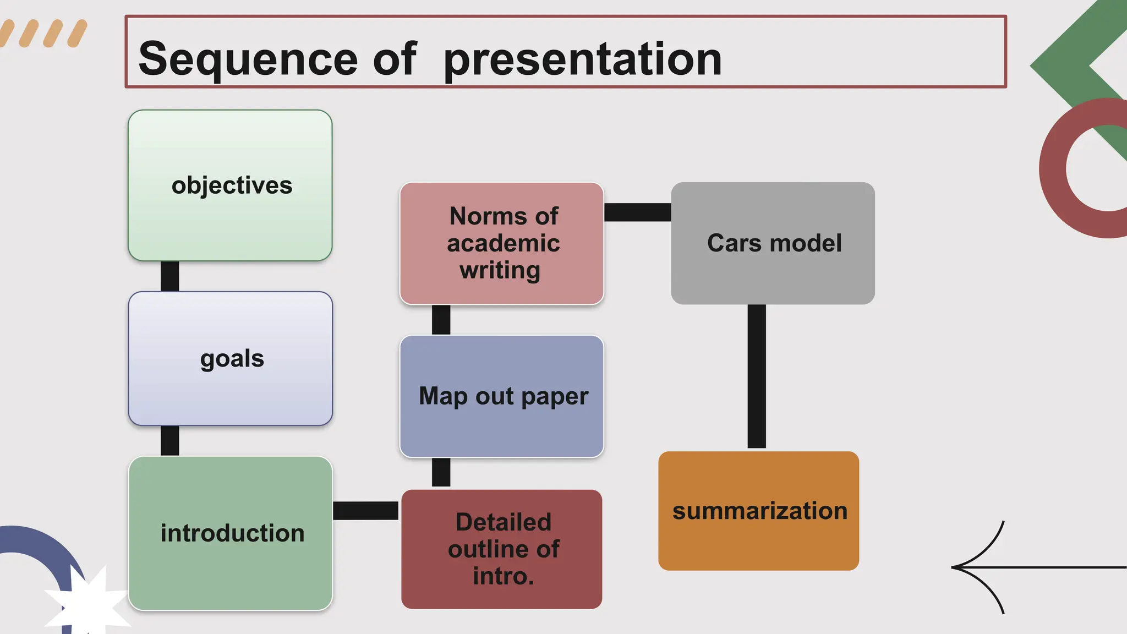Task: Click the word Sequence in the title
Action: (x=248, y=59)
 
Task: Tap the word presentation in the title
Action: (x=582, y=59)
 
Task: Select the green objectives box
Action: (x=230, y=185)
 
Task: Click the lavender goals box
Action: (x=231, y=358)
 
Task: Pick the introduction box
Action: (x=231, y=533)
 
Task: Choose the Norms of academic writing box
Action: (x=502, y=243)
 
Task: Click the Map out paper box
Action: (x=502, y=396)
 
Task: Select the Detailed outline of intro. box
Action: (x=502, y=549)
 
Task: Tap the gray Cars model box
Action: (x=773, y=243)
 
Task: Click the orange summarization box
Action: (x=758, y=511)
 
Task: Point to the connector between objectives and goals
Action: (x=169, y=276)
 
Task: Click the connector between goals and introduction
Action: (x=169, y=440)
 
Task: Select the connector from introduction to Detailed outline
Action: (x=366, y=511)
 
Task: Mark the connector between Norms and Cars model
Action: (x=637, y=212)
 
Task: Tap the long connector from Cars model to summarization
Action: (x=757, y=377)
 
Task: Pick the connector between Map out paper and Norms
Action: (x=441, y=320)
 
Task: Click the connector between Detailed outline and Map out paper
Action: (x=441, y=472)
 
